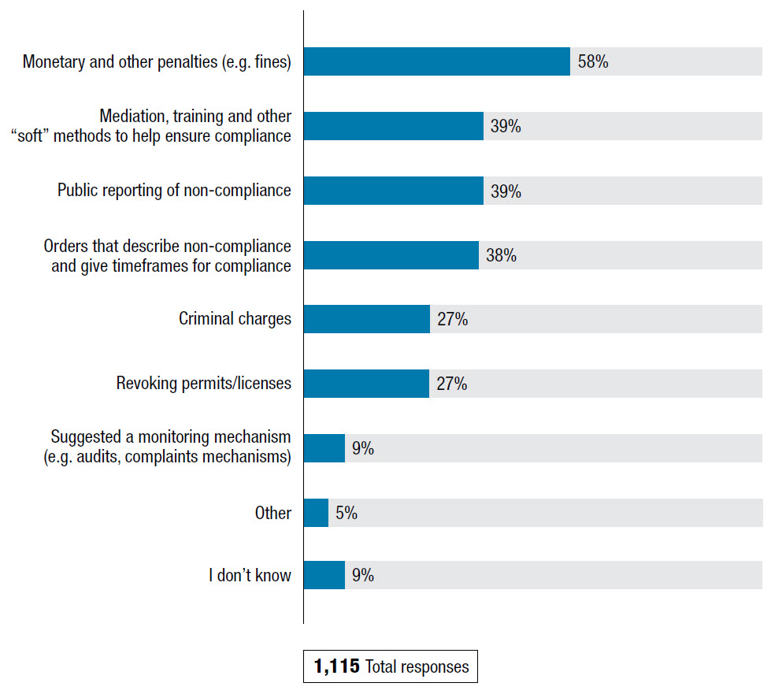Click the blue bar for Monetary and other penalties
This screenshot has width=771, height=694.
pos(436,61)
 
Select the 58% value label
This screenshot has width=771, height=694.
pos(593,61)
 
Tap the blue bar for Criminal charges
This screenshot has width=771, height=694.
pos(366,319)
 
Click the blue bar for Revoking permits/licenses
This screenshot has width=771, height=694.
pos(366,384)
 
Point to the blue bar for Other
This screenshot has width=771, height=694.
pos(316,513)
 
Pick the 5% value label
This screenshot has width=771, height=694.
pos(347,513)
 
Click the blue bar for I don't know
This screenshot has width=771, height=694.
pos(324,575)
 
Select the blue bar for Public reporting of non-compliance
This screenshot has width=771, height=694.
pos(393,191)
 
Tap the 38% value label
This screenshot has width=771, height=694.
pos(501,255)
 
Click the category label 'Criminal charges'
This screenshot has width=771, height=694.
pos(235,319)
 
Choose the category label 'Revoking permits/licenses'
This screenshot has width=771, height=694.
pos(204,384)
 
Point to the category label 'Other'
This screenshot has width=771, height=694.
pos(272,513)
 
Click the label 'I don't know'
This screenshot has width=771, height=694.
pos(250,576)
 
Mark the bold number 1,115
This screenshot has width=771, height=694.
pos(337,667)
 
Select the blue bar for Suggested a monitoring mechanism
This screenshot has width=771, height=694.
pos(324,448)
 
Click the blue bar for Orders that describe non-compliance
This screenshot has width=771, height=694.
pos(391,255)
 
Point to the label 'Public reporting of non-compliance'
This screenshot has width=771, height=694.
pos(174,191)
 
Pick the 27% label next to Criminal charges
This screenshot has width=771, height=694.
pos(453,319)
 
